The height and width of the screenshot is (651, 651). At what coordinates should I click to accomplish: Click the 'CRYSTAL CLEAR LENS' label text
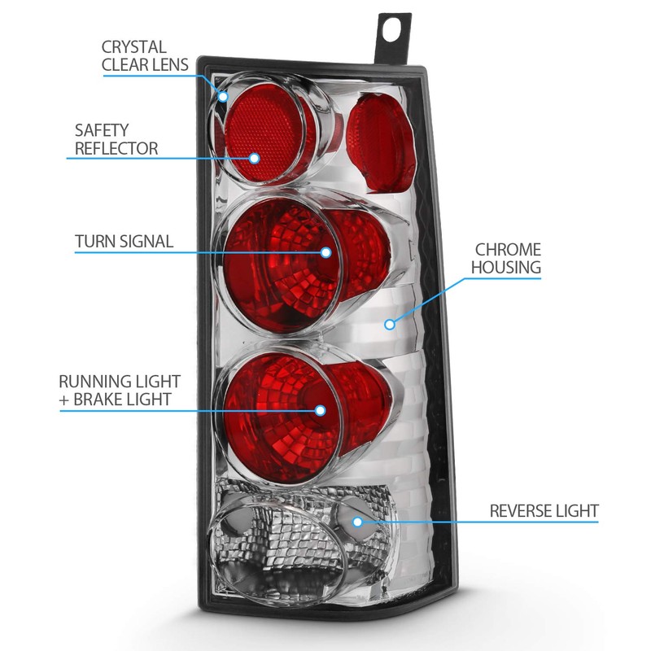click(145, 55)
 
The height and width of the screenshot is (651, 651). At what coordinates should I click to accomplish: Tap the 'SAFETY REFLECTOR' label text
click(116, 139)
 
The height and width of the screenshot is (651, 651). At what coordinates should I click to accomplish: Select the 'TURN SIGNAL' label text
click(124, 241)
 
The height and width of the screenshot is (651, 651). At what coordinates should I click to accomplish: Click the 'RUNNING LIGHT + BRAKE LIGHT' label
click(120, 390)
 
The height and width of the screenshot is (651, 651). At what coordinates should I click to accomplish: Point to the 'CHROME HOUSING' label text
click(507, 258)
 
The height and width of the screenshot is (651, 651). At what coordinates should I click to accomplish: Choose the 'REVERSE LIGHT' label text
click(544, 511)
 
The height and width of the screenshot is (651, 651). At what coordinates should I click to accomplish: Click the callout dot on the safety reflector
click(254, 158)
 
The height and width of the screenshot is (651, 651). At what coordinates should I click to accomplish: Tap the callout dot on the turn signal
click(325, 252)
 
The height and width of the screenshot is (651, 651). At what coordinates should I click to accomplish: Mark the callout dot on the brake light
click(320, 412)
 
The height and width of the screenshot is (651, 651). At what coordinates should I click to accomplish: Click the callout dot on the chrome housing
click(390, 324)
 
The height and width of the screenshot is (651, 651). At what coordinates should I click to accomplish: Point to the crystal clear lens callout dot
click(224, 97)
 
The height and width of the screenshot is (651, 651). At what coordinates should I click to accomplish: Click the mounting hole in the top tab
click(395, 26)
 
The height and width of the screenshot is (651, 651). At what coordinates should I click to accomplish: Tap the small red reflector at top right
click(381, 142)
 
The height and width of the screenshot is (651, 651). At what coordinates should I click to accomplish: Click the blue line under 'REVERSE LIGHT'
click(488, 522)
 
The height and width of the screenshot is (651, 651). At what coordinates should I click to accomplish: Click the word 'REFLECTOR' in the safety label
click(116, 148)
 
